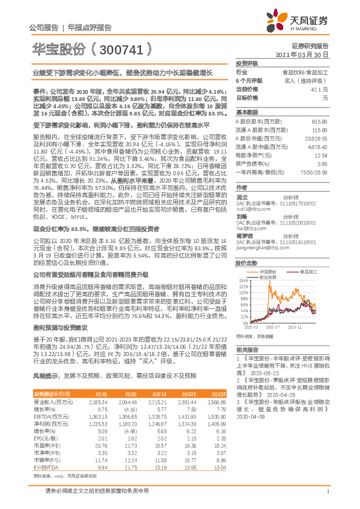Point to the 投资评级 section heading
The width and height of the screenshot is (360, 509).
[x=247, y=63]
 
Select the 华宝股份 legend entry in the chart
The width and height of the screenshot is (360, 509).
[x=269, y=273]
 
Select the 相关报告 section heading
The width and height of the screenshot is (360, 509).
[x=246, y=349]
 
